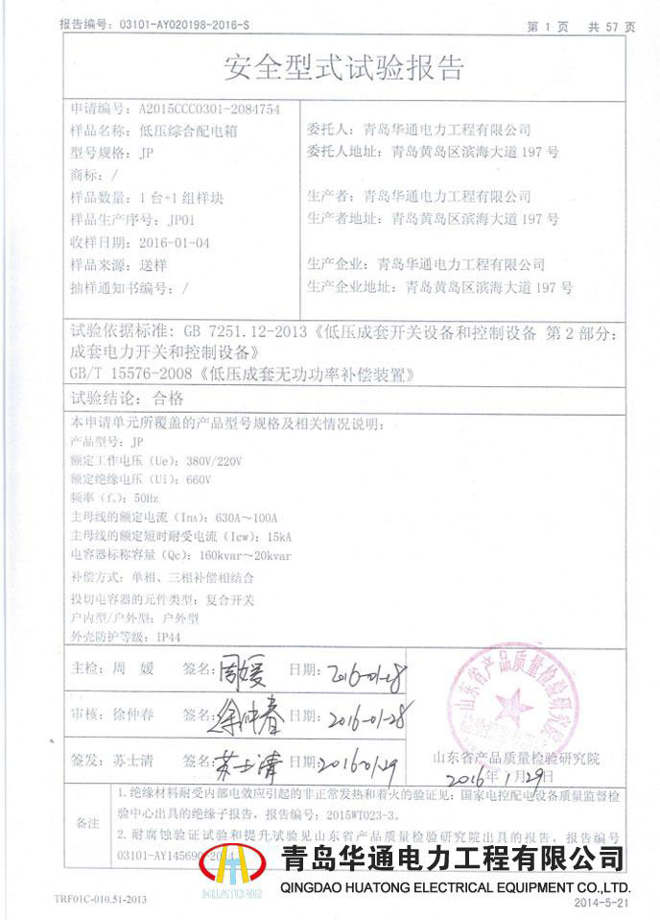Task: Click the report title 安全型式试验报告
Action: [343, 67]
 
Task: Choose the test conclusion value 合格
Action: [165, 397]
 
